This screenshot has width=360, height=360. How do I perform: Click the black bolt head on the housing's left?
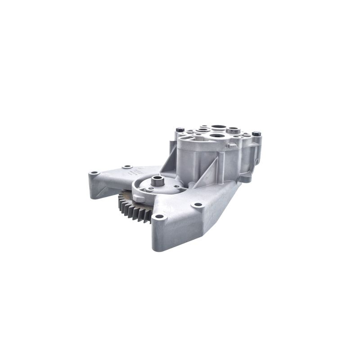180,130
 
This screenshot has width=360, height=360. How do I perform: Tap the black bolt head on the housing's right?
256,134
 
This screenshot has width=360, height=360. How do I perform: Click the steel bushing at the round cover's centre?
157,181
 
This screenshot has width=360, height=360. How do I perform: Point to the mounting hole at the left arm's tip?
94,173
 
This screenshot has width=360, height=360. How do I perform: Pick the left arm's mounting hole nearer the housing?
128,166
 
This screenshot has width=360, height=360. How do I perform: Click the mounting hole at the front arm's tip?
158,217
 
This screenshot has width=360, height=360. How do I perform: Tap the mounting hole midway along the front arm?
197,205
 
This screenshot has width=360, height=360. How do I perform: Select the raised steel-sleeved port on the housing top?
233,130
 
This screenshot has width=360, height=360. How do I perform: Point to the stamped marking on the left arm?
135,171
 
